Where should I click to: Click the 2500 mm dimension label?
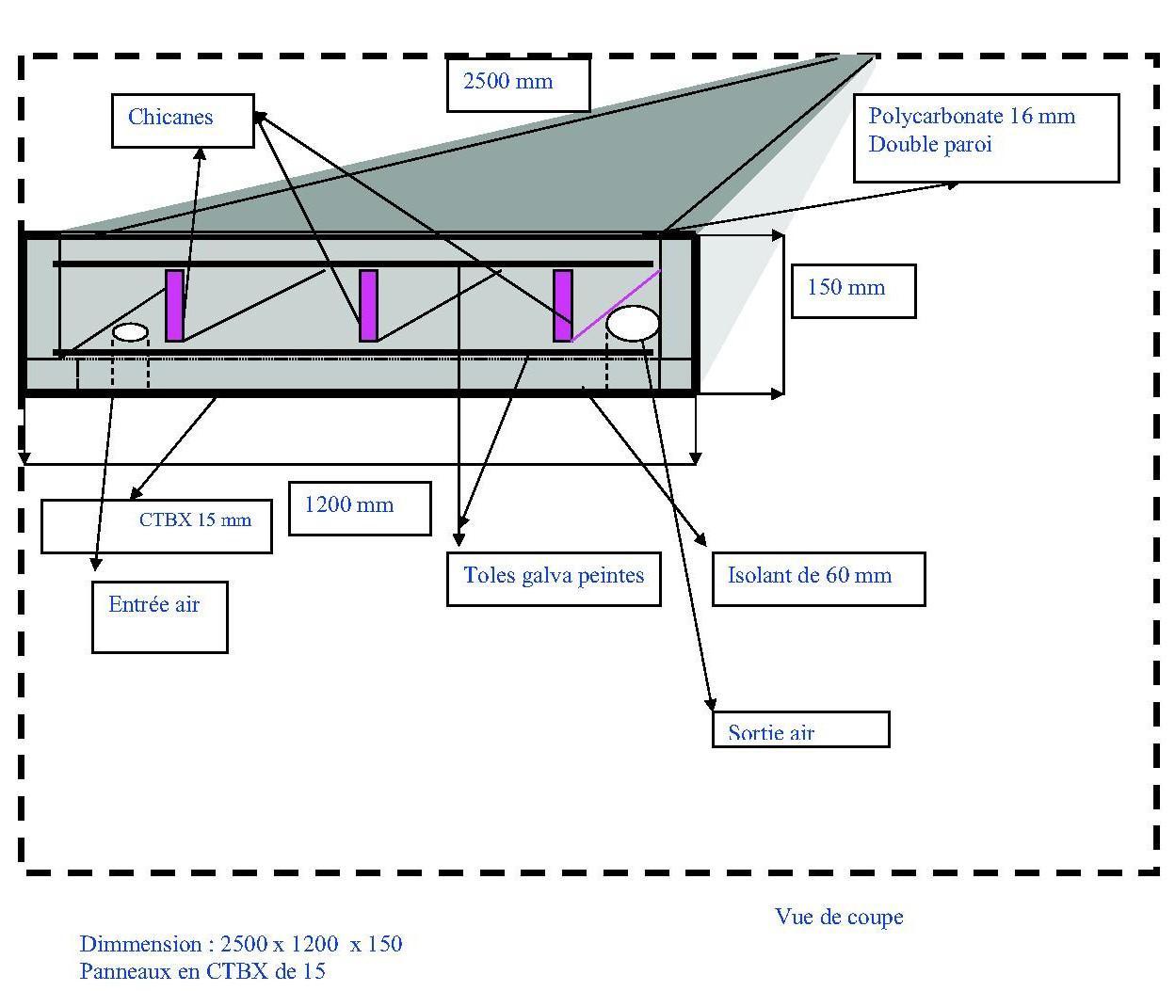pyautogui.click(x=509, y=82)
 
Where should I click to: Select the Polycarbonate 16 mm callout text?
pyautogui.click(x=972, y=117)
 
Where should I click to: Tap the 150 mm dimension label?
pyautogui.click(x=846, y=288)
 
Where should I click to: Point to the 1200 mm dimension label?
pyautogui.click(x=349, y=505)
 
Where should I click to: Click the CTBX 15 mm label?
pyautogui.click(x=195, y=519)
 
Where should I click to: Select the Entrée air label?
pyautogui.click(x=154, y=605)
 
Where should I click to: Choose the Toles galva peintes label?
pyautogui.click(x=554, y=576)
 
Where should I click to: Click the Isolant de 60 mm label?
pyautogui.click(x=810, y=576)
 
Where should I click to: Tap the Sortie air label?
pyautogui.click(x=771, y=732)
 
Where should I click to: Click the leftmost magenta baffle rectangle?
pyautogui.click(x=174, y=305)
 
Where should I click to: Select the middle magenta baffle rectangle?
pyautogui.click(x=369, y=305)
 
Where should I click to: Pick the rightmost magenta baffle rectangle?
pyautogui.click(x=563, y=305)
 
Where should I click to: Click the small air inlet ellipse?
pyautogui.click(x=131, y=332)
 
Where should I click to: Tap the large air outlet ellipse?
pyautogui.click(x=633, y=323)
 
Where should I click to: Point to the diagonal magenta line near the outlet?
pyautogui.click(x=616, y=305)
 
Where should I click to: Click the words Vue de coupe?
pyautogui.click(x=839, y=917)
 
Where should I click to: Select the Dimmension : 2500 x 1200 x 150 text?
pyautogui.click(x=241, y=944)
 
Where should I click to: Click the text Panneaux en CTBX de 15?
pyautogui.click(x=202, y=971)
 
